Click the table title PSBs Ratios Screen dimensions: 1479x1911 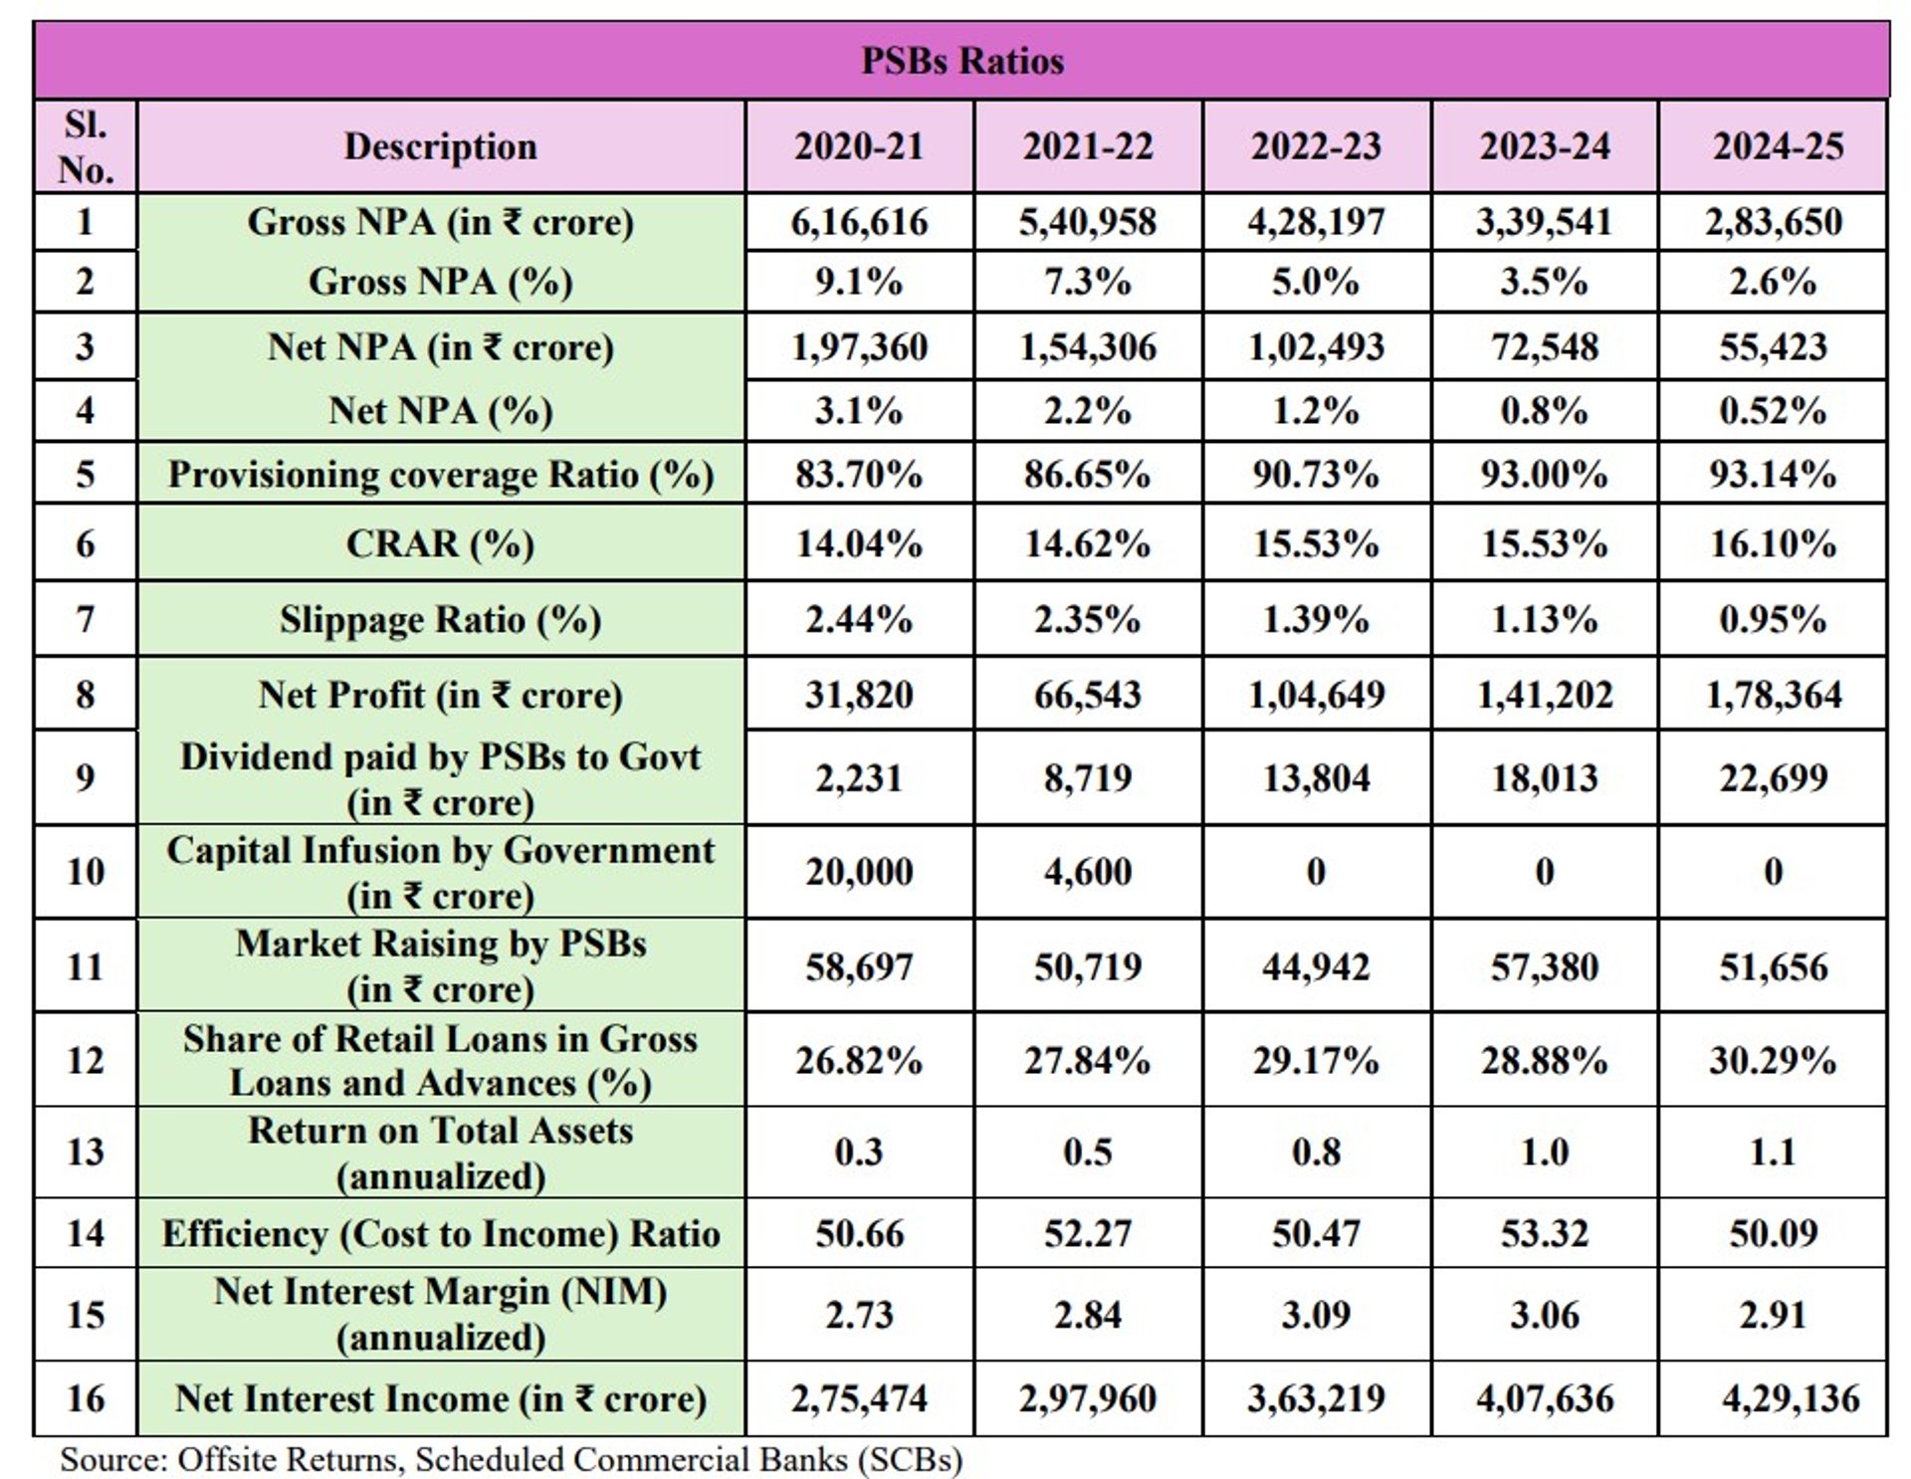[x=961, y=61]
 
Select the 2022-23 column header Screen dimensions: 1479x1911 [x=1316, y=146]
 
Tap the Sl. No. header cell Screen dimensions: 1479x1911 [x=86, y=146]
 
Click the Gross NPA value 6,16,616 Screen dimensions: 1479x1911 [x=859, y=222]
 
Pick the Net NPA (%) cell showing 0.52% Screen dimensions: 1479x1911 [x=1773, y=411]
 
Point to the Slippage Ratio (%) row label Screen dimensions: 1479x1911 [x=440, y=619]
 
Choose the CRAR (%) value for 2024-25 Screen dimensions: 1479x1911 [x=1773, y=543]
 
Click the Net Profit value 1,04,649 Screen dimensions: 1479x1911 [x=1316, y=695]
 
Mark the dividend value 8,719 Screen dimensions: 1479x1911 [x=1088, y=777]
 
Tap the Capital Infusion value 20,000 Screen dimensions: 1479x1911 [x=859, y=872]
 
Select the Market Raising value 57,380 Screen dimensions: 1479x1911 [x=1544, y=966]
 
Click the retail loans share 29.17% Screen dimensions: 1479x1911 [x=1316, y=1060]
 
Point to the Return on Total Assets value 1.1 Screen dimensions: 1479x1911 [x=1773, y=1152]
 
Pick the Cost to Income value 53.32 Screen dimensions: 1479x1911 [x=1544, y=1233]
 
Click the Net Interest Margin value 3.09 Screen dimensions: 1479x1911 [x=1316, y=1315]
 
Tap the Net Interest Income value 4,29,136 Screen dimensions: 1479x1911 [x=1790, y=1398]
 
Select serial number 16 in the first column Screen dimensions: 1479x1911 [x=86, y=1398]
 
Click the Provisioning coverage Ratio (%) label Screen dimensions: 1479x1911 [x=440, y=475]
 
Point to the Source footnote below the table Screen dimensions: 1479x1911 [x=511, y=1459]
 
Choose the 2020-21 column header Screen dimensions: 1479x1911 [x=859, y=146]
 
